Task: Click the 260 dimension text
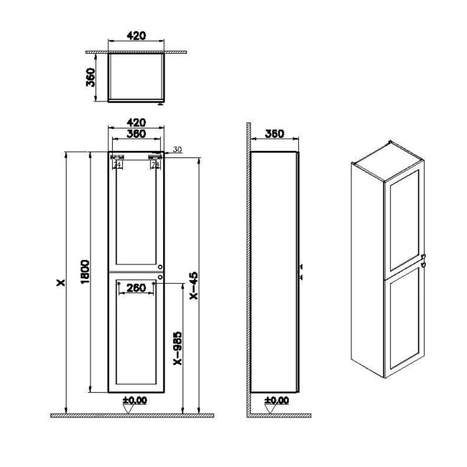(x=136, y=288)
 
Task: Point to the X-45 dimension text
(x=193, y=287)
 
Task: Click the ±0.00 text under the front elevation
(x=134, y=399)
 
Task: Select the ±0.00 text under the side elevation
(x=277, y=399)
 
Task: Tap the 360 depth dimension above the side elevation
(x=274, y=134)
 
